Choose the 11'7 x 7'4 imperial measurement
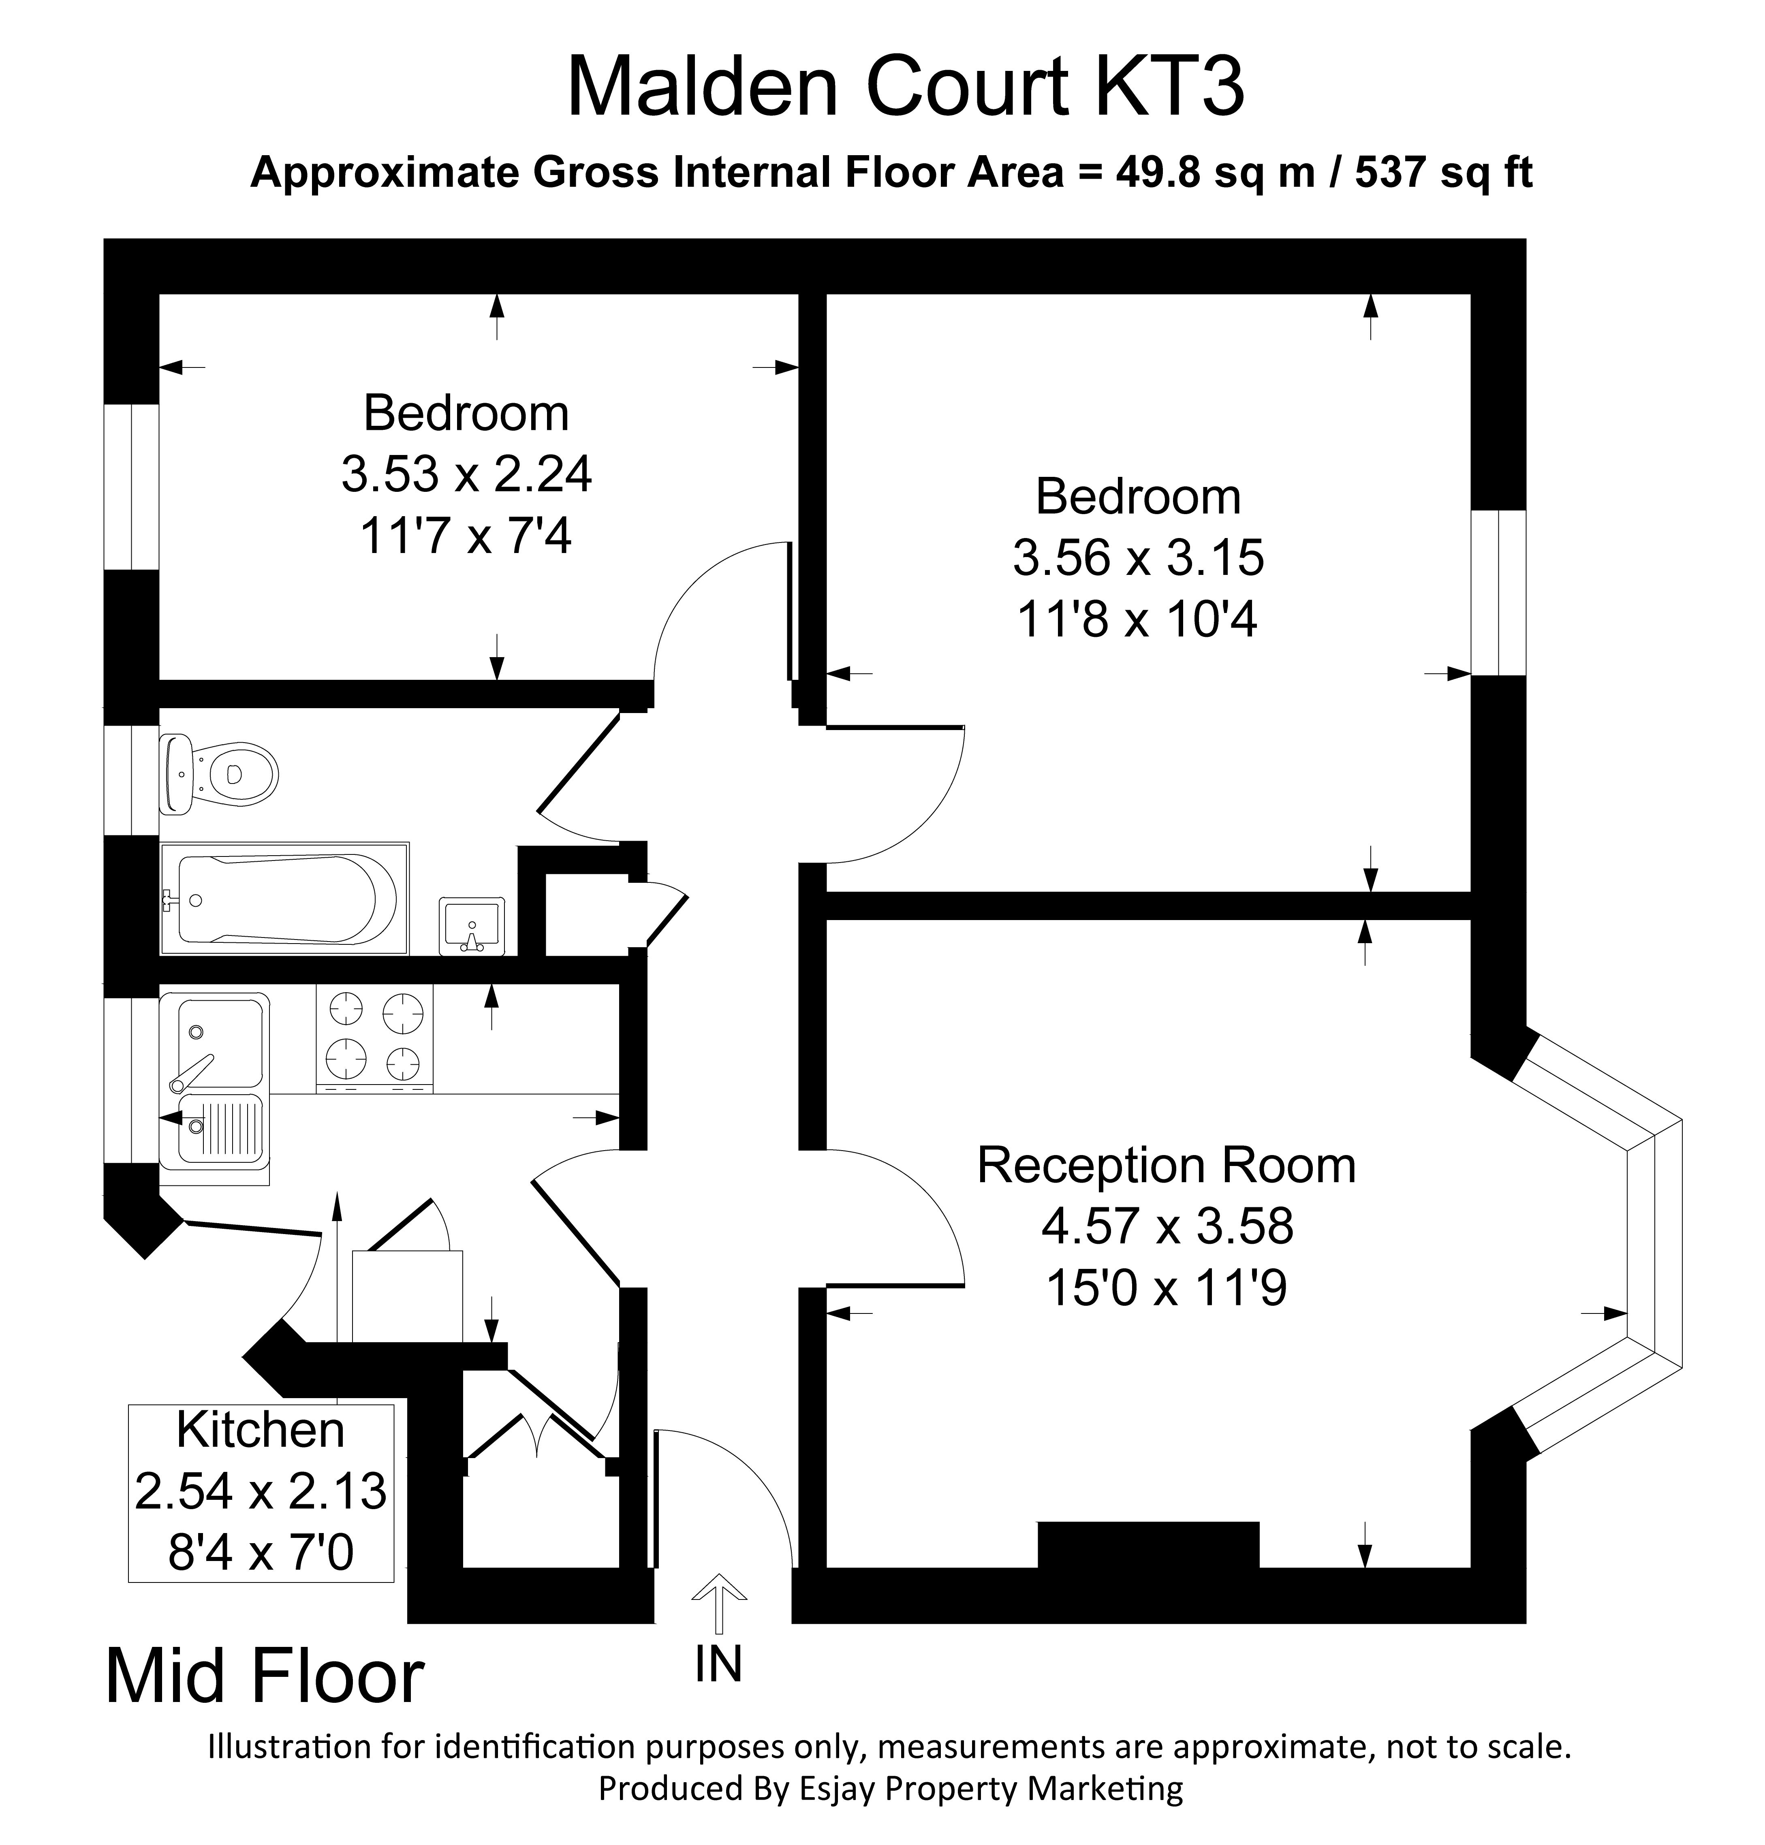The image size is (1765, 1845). click(466, 537)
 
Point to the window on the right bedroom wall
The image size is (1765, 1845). click(1498, 593)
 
